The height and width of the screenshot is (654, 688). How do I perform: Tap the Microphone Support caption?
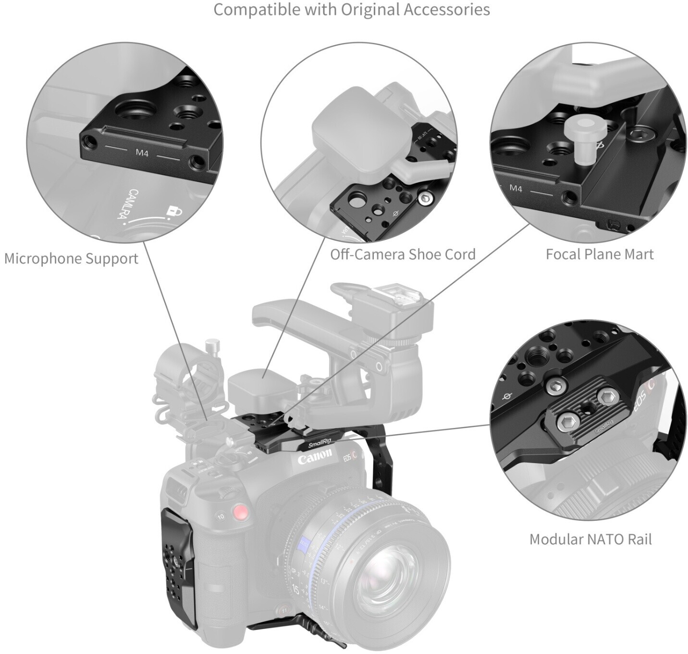pyautogui.click(x=71, y=258)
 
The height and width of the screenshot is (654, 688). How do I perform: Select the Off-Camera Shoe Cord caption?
pyautogui.click(x=403, y=254)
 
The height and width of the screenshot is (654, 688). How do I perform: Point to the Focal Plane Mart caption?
pyautogui.click(x=600, y=254)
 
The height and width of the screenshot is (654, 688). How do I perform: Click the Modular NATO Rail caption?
pyautogui.click(x=590, y=539)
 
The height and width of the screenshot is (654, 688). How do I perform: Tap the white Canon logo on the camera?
pyautogui.click(x=315, y=457)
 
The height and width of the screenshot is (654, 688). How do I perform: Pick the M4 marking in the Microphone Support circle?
pyautogui.click(x=142, y=153)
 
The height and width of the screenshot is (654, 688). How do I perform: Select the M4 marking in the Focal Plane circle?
pyautogui.click(x=516, y=188)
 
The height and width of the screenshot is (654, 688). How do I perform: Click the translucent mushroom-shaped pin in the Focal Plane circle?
pyautogui.click(x=579, y=134)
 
